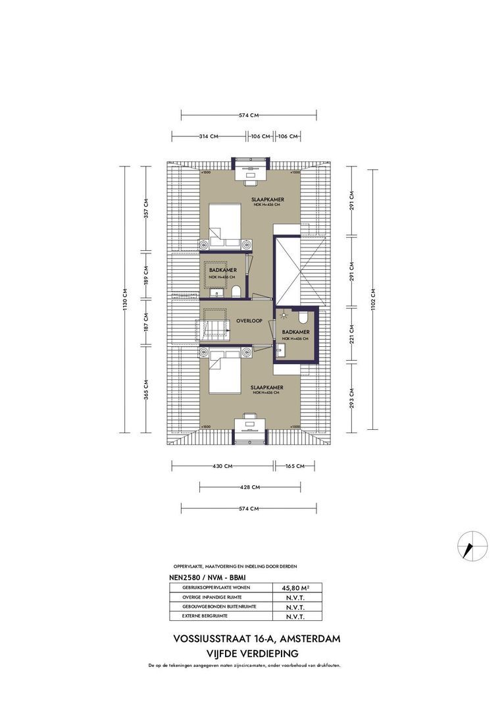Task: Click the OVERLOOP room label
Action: [249, 321]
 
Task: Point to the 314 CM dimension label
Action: [209, 137]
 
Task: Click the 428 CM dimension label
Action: [249, 488]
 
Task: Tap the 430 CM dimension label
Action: [222, 467]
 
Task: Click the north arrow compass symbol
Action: [472, 544]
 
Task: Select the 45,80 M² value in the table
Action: [296, 587]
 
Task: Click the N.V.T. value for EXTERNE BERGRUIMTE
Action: [296, 617]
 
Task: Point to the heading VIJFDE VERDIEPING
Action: [253, 654]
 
